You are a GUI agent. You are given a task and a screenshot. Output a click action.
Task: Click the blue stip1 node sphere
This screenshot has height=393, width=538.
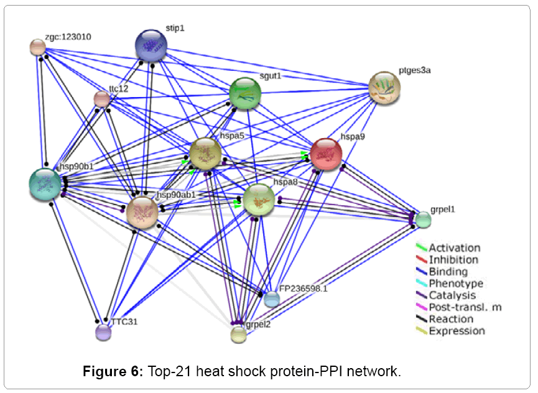click(x=151, y=46)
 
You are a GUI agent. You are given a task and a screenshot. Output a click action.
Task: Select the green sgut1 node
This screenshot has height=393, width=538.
click(x=244, y=93)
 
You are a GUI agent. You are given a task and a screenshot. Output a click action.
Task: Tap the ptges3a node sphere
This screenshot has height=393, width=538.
click(x=384, y=88)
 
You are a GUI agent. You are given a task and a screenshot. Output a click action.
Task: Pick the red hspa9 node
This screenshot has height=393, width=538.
click(x=326, y=154)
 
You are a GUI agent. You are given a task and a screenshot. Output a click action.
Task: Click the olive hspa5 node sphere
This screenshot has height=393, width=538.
click(x=205, y=154)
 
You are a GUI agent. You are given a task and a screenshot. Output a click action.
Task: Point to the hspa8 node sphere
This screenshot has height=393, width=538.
click(x=259, y=200)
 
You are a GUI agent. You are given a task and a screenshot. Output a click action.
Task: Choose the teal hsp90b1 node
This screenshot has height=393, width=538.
click(x=45, y=184)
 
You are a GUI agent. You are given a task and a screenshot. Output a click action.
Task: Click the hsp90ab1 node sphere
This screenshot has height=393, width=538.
click(x=142, y=212)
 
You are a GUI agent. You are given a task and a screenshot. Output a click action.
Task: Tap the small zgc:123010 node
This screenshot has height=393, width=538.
click(x=38, y=47)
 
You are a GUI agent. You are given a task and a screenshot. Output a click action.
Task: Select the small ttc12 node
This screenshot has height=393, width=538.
click(x=101, y=98)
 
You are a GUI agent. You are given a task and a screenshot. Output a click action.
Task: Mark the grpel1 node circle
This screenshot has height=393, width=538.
click(x=423, y=220)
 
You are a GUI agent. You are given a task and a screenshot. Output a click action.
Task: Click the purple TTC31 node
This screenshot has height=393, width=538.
click(x=103, y=333)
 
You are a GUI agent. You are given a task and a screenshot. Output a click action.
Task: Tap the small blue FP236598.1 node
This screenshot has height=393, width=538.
click(x=272, y=300)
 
